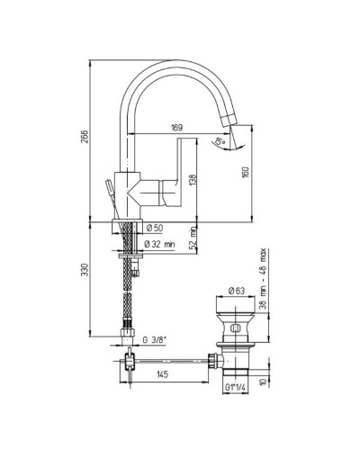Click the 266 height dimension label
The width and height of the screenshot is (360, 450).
click(x=85, y=137)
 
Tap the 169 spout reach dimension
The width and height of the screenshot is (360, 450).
click(x=177, y=128)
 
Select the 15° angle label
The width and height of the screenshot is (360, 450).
click(x=220, y=141)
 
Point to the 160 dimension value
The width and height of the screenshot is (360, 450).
click(x=246, y=172)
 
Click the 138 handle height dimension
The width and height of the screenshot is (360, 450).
click(x=193, y=180)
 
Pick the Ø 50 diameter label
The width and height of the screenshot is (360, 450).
click(x=155, y=229)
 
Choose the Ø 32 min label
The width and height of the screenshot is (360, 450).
click(x=159, y=244)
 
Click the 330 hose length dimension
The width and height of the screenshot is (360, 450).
click(x=85, y=270)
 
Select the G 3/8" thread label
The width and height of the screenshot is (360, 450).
click(x=154, y=340)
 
